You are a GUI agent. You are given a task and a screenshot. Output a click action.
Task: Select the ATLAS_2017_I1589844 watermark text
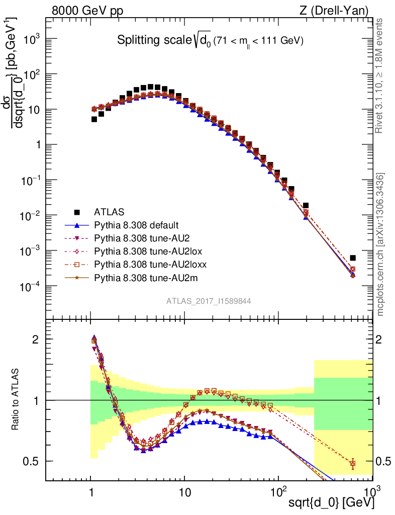coord(209,301)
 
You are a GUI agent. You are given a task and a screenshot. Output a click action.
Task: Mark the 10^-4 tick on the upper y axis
coord(31,286)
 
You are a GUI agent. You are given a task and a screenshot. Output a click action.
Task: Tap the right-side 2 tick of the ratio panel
coord(382,339)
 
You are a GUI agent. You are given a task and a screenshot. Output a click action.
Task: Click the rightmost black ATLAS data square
coord(353,258)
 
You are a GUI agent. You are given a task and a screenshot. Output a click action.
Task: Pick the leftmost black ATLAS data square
coord(94,119)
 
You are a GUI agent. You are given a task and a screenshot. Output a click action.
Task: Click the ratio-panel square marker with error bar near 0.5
coord(353,464)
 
